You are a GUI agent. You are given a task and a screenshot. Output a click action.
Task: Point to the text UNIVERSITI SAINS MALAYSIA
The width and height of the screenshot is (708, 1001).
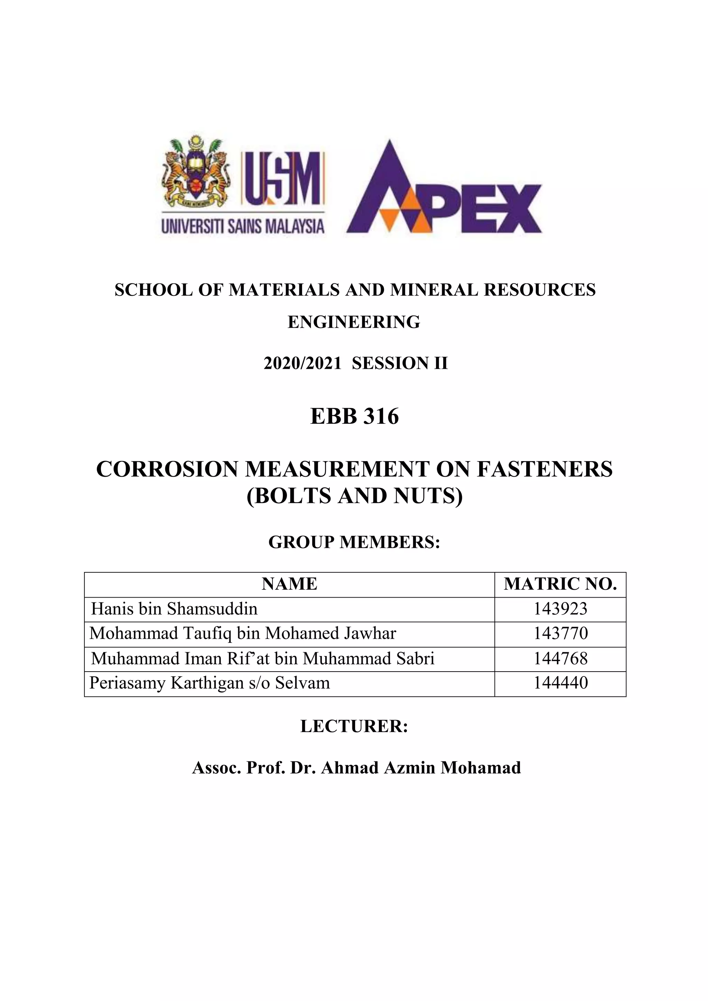243,227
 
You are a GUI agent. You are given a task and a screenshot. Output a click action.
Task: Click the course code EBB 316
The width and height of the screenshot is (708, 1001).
354,417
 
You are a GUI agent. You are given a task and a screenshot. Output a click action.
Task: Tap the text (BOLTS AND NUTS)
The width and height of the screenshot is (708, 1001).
354,496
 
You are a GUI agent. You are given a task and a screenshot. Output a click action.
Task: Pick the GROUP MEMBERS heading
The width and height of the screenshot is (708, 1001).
354,542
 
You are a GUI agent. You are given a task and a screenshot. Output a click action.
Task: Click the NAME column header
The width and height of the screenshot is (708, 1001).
289,584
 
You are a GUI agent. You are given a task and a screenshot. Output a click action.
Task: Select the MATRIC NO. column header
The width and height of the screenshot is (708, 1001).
560,584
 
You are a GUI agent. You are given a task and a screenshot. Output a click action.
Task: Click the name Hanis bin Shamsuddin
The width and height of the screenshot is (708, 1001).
174,609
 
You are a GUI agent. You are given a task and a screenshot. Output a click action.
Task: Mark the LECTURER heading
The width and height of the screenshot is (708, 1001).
354,726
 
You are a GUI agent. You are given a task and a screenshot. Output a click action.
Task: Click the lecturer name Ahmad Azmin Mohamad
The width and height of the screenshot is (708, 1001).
421,768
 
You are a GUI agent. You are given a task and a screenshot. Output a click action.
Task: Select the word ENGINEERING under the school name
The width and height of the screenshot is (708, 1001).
354,322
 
